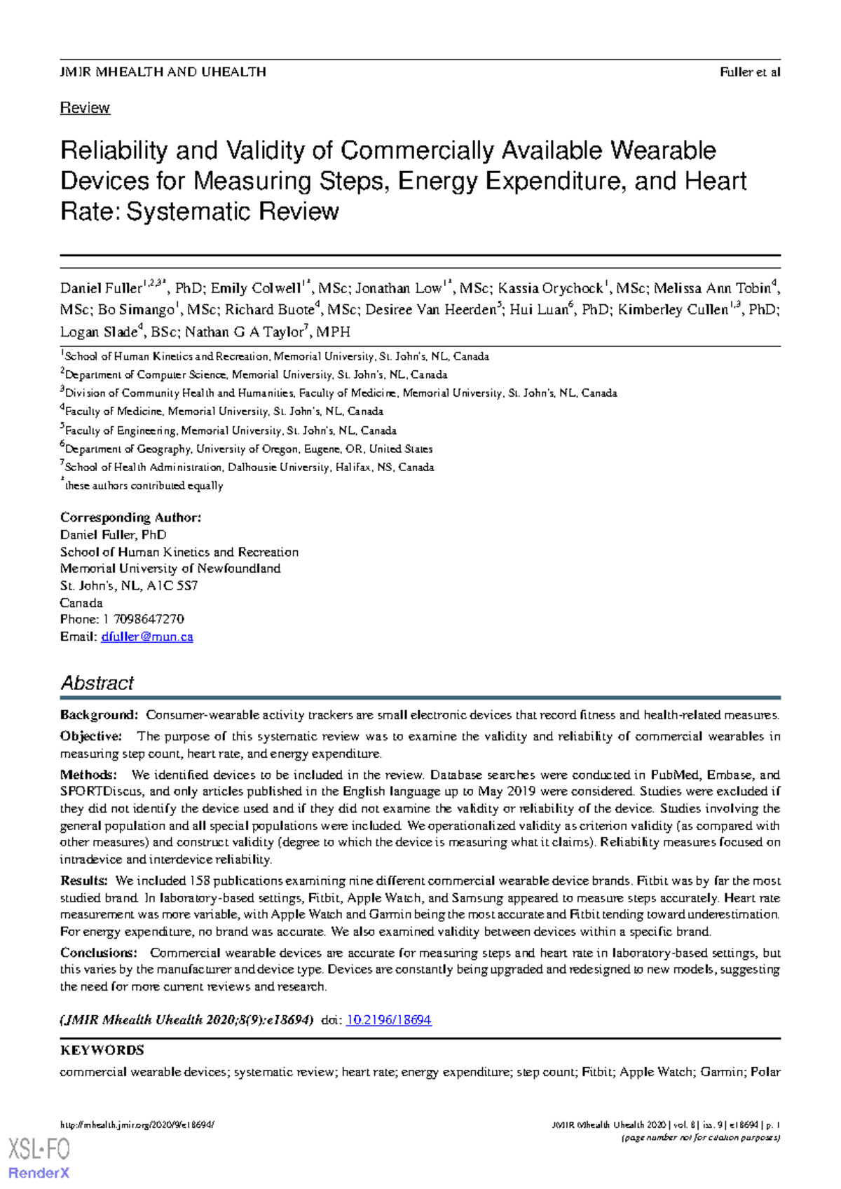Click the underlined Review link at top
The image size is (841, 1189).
[x=85, y=108]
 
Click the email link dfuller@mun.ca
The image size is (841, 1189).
[x=147, y=637]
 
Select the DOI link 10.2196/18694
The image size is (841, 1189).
[x=389, y=1020]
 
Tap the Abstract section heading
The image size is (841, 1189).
[x=97, y=683]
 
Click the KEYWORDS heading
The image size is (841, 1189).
[x=102, y=1050]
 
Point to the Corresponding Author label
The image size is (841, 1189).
[x=130, y=517]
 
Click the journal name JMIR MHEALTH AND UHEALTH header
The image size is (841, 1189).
[x=163, y=72]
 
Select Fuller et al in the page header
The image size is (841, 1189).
[x=750, y=72]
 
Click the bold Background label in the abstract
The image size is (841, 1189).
[x=99, y=715]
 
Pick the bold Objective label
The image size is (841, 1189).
[x=91, y=736]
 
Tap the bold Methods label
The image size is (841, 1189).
[x=88, y=775]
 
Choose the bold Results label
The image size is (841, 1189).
[x=84, y=881]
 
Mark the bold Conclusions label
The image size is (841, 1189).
[x=99, y=953]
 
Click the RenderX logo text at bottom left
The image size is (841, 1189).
[x=39, y=1172]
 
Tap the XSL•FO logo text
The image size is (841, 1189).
[x=39, y=1150]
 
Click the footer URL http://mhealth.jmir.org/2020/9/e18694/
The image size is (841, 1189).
[x=137, y=1125]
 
